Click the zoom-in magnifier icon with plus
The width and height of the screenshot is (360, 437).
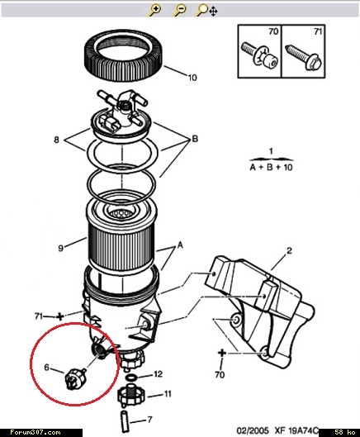click(154, 11)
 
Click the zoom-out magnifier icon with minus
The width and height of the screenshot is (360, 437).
click(179, 11)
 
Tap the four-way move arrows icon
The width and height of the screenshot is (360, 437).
click(213, 12)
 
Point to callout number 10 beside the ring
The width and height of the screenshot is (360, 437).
click(192, 77)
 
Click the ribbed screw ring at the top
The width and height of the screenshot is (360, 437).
click(123, 55)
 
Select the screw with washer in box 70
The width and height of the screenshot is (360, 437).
click(259, 55)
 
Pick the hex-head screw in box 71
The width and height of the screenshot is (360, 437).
click(304, 58)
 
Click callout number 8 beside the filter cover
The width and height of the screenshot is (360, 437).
click(57, 140)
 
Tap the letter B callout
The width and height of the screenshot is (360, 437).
click(195, 139)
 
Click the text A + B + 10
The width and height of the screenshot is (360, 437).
click(271, 167)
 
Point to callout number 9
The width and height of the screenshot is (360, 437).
click(61, 248)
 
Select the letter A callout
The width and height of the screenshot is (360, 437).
click(180, 245)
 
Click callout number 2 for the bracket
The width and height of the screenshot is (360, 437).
click(290, 250)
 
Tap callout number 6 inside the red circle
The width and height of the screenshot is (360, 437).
click(47, 368)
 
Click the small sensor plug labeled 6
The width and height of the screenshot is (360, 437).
click(75, 378)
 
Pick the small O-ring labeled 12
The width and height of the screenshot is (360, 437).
click(131, 378)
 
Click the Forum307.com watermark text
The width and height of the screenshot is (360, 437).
click(36, 432)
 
